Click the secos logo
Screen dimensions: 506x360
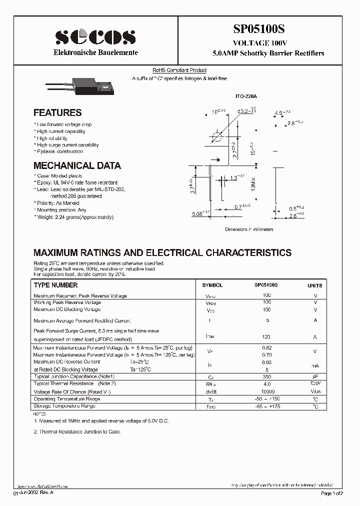95,36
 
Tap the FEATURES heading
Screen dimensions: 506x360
57,113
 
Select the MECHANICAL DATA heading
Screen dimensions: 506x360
77,165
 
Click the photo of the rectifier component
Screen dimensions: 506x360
92,87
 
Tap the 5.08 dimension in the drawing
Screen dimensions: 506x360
199,214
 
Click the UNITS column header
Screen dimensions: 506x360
314,285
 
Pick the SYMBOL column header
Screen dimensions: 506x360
212,285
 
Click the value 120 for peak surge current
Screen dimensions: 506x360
266,337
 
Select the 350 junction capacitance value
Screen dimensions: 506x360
266,376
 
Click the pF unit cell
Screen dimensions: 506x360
315,376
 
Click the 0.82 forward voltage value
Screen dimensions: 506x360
266,347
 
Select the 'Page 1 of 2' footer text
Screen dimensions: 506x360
331,493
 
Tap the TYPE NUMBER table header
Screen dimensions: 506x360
55,285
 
